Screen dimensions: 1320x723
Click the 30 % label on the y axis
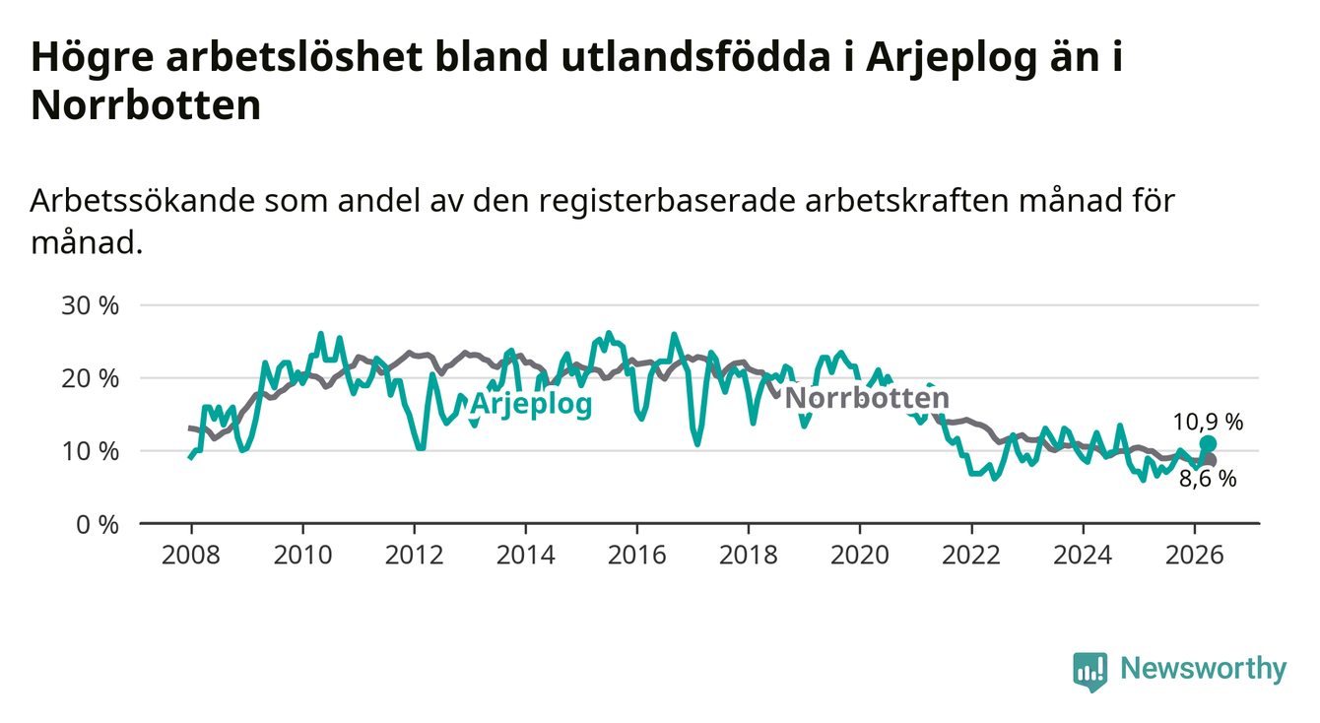90,305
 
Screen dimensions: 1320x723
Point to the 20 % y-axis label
90,379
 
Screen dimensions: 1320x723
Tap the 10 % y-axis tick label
90,452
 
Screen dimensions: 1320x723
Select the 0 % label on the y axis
98,524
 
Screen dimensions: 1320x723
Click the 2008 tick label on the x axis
191,556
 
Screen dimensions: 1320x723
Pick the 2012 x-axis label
414,556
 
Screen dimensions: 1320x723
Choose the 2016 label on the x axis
637,556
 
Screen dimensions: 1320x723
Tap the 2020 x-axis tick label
860,556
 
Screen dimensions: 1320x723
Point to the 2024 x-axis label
1083,556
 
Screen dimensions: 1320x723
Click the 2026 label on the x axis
1195,556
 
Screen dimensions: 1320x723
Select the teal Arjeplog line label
531,405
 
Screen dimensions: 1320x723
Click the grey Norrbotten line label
867,398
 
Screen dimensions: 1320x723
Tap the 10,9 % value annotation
1208,422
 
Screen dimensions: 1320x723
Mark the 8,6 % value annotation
1208,479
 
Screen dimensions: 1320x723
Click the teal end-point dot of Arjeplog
1208,443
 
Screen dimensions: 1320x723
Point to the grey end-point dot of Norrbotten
1210,461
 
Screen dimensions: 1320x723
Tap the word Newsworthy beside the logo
1204,669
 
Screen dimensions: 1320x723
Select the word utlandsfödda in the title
695,57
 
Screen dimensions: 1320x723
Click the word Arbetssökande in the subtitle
143,201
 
